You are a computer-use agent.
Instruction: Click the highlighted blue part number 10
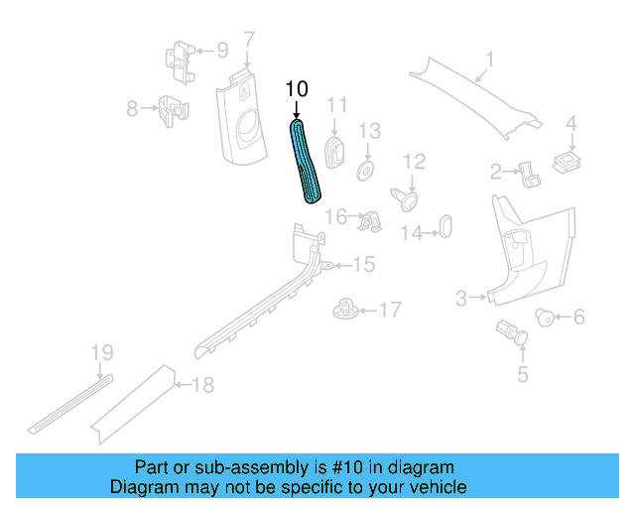pyautogui.click(x=307, y=161)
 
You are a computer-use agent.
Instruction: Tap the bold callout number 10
pyautogui.click(x=297, y=89)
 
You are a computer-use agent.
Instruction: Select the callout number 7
pyautogui.click(x=248, y=40)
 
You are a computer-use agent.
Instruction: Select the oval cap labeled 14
pyautogui.click(x=444, y=225)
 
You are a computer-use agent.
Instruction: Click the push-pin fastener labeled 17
pyautogui.click(x=344, y=311)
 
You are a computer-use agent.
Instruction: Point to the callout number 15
pyautogui.click(x=363, y=264)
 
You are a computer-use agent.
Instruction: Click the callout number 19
pyautogui.click(x=102, y=352)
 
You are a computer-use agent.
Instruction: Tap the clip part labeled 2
pyautogui.click(x=530, y=176)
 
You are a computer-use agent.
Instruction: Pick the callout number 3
pyautogui.click(x=461, y=298)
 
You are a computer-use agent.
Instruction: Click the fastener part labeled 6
pyautogui.click(x=545, y=317)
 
